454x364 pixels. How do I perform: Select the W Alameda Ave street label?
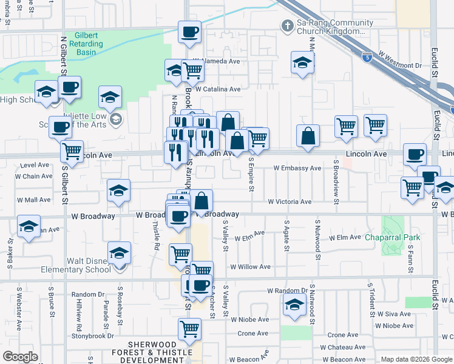(217, 61)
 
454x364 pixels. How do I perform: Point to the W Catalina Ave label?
(217, 89)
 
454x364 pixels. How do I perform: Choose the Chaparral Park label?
(389, 237)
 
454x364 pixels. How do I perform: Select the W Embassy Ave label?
(297, 168)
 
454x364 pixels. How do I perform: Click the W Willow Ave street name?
(249, 267)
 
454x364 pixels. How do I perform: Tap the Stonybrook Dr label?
(93, 335)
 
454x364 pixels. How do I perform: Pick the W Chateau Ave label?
(346, 347)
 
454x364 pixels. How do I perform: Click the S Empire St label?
(249, 174)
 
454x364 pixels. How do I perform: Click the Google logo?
(21, 357)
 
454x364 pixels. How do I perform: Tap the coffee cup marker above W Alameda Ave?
(189, 31)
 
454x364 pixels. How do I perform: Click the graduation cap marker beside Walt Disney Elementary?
(119, 254)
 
